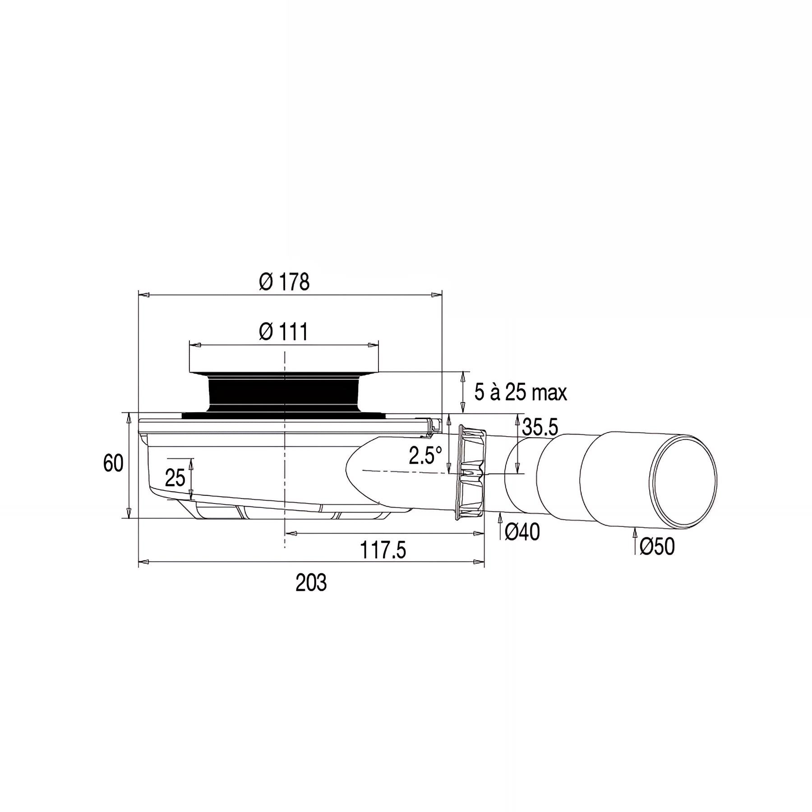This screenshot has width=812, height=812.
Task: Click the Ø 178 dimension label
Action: pyautogui.click(x=284, y=282)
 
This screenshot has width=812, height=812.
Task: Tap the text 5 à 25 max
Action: pyautogui.click(x=520, y=392)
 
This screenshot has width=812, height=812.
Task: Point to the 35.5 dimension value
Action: pyautogui.click(x=540, y=427)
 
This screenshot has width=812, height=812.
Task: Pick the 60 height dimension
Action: pyautogui.click(x=113, y=463)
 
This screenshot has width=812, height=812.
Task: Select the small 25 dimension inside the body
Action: pyautogui.click(x=175, y=478)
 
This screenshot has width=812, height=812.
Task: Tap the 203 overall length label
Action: pyautogui.click(x=311, y=583)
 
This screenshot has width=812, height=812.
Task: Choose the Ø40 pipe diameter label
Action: pyautogui.click(x=521, y=533)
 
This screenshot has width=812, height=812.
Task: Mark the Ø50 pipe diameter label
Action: pyautogui.click(x=657, y=547)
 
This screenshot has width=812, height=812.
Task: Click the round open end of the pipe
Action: pyautogui.click(x=683, y=480)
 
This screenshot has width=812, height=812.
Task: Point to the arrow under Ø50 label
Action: pyautogui.click(x=635, y=536)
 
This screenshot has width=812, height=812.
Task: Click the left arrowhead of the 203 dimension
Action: pyautogui.click(x=144, y=562)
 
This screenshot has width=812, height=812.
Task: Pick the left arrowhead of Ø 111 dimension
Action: pyautogui.click(x=195, y=345)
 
